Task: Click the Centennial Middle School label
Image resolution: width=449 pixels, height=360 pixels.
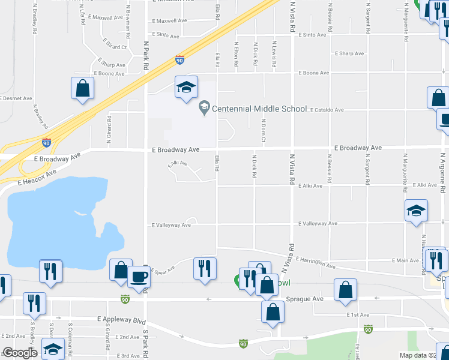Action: click(259, 109)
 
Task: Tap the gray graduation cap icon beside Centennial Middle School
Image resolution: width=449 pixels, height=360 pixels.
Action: click(204, 109)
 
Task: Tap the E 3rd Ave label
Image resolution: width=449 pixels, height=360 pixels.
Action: click(127, 355)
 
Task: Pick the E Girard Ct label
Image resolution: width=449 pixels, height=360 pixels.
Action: click(115, 46)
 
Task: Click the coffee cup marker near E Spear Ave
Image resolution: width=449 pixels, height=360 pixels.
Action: click(140, 277)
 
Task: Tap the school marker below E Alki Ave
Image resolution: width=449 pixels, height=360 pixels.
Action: click(416, 211)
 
